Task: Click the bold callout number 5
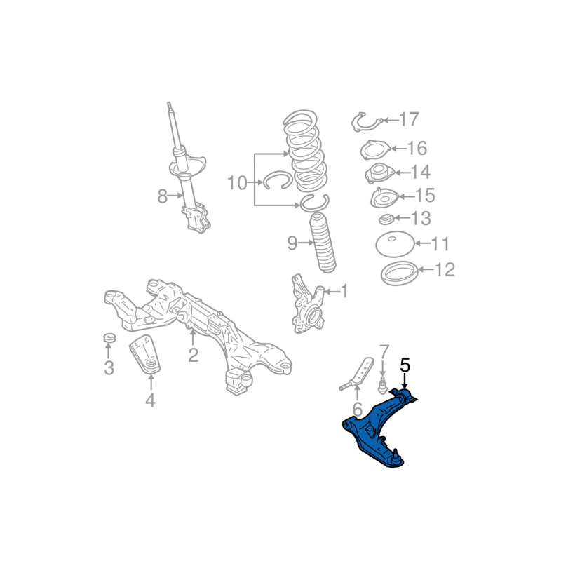pos(405,365)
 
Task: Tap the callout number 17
pos(409,119)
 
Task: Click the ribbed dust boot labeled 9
pos(323,243)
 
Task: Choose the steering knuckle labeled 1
pos(307,304)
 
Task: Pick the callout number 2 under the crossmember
pos(193,356)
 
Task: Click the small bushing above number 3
pos(109,337)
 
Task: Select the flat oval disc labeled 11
pos(395,244)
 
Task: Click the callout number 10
pos(238,183)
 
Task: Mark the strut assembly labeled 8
pos(189,168)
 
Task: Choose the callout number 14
pos(420,172)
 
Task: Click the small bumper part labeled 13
pos(386,219)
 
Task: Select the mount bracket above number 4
pos(145,354)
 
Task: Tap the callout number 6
pos(358,409)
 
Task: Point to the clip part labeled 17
pos(367,121)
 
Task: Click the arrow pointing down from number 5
pos(405,381)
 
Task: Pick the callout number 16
pos(417,148)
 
